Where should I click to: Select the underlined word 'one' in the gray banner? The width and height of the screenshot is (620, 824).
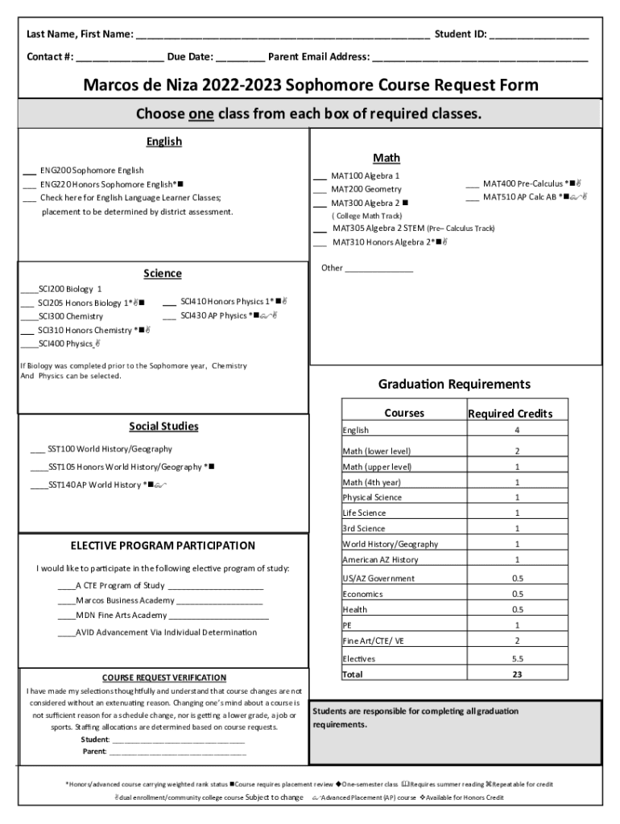tap(200, 113)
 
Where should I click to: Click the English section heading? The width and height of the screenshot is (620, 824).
tap(163, 142)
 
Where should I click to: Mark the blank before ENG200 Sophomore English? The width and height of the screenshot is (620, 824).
tap(27, 171)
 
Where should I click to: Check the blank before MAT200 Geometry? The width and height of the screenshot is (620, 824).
tap(319, 190)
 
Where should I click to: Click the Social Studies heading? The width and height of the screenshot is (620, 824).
tap(163, 426)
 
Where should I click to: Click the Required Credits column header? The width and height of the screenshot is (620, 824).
tap(510, 414)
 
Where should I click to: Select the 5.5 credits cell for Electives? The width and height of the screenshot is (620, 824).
tap(517, 659)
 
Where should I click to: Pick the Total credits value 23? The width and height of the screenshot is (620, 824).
tap(517, 674)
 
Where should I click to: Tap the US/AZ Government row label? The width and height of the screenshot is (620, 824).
tap(378, 579)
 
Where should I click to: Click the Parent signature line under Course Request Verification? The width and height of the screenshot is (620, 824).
tap(177, 753)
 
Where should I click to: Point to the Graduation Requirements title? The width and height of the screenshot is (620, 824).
tap(454, 385)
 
